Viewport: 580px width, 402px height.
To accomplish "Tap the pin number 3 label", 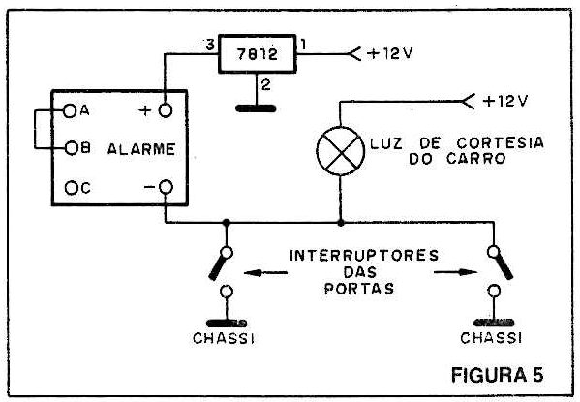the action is (x=210, y=46).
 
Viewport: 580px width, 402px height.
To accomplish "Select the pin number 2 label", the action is (x=266, y=85).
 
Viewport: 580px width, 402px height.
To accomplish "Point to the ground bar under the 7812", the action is (x=256, y=108).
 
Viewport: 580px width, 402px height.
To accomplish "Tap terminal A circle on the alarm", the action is (x=69, y=110).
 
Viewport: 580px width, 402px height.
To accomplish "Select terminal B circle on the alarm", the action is (x=72, y=148).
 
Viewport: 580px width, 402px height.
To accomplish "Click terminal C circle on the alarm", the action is (x=71, y=188).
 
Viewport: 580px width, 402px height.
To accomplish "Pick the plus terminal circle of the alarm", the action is (x=166, y=110).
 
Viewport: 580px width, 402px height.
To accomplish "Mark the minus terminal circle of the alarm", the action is (x=166, y=187).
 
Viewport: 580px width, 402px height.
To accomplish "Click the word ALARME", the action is (x=141, y=149).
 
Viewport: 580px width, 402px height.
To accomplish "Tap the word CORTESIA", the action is (x=500, y=142).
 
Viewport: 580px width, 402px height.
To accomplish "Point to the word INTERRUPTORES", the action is (x=364, y=256).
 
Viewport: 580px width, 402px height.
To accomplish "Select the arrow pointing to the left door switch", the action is (x=265, y=273).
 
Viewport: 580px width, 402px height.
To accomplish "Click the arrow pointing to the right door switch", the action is (x=456, y=272).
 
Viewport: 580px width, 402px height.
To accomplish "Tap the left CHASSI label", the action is (x=224, y=338).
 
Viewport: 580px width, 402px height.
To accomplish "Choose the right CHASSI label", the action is (x=491, y=338).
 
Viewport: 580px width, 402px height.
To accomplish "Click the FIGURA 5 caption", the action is (x=498, y=375).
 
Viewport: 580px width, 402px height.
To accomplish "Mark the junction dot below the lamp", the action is (x=341, y=223).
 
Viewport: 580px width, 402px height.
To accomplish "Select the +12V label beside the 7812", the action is (x=390, y=54).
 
